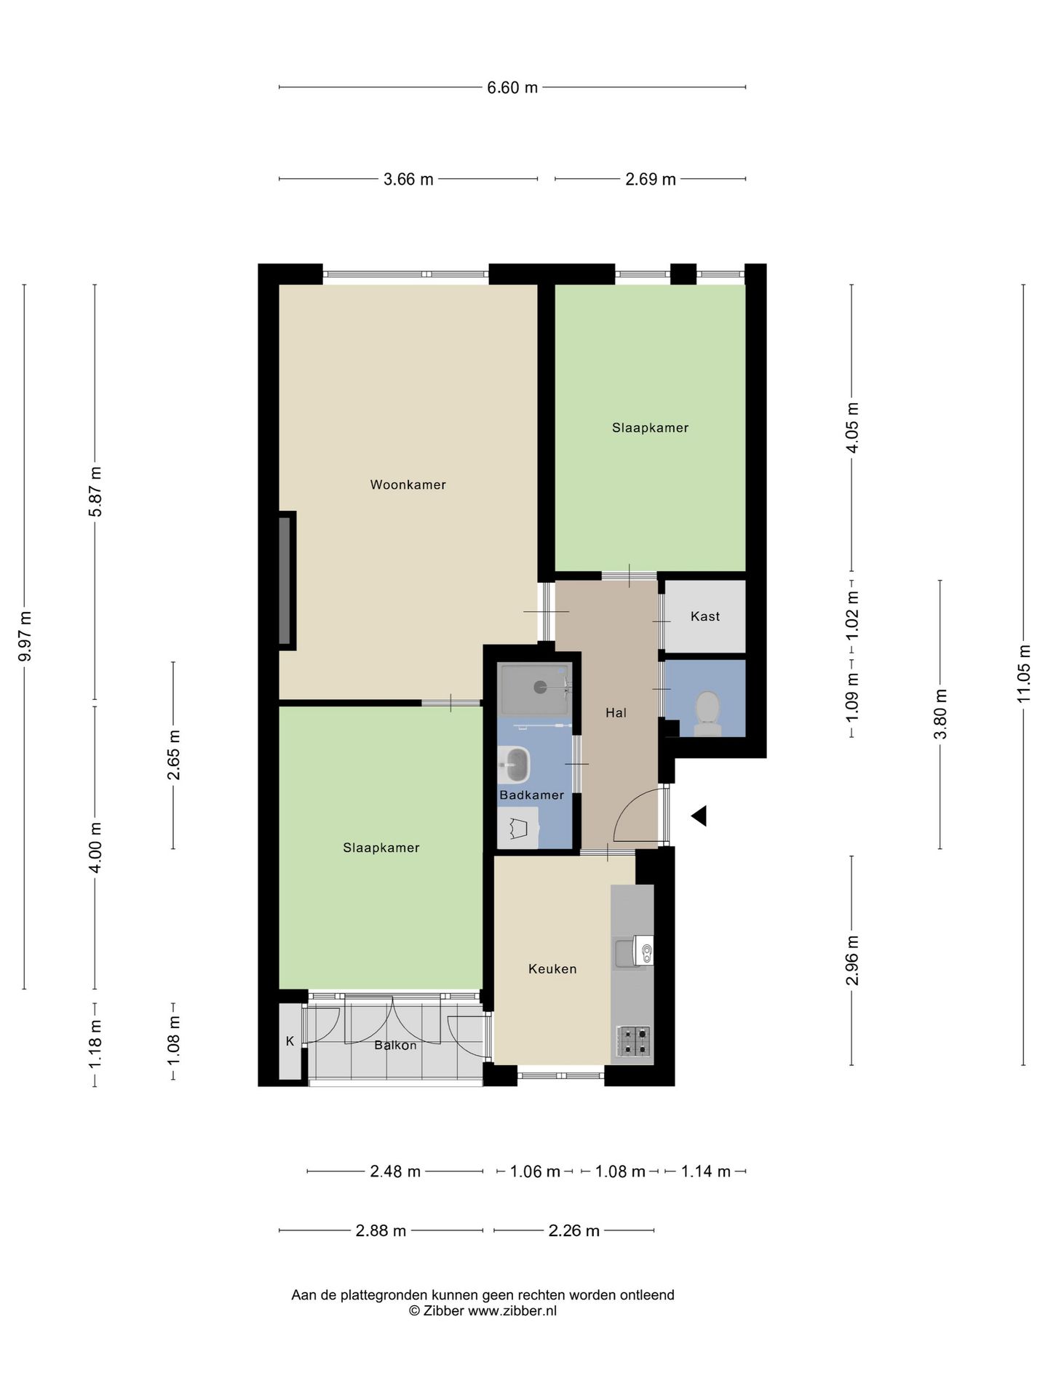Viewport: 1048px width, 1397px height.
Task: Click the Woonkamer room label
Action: (408, 485)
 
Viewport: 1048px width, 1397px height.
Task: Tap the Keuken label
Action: (552, 969)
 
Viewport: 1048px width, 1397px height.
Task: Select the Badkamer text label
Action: (531, 795)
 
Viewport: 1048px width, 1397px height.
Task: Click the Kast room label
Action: (704, 616)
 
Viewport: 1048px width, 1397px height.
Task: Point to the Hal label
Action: (616, 713)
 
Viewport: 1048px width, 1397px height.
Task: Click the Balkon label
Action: (395, 1046)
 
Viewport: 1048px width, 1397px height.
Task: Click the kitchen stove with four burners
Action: (634, 1041)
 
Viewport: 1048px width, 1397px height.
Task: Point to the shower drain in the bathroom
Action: (540, 686)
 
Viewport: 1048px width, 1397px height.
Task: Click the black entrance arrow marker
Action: (699, 816)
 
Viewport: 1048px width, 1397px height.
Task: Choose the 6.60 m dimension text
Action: (512, 87)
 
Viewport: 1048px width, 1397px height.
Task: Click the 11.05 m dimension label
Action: (1024, 674)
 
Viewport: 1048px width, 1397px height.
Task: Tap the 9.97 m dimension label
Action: (25, 637)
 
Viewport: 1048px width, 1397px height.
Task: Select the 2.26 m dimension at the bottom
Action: (573, 1230)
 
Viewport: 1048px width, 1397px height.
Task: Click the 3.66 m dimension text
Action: (408, 179)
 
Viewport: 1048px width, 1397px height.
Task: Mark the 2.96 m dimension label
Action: (852, 960)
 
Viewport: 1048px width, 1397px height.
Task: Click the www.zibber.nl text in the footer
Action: (512, 1310)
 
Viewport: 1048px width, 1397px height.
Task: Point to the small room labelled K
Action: (290, 1041)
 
